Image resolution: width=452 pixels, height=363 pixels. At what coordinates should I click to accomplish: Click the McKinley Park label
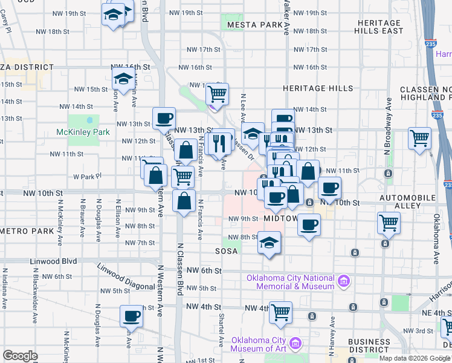75,131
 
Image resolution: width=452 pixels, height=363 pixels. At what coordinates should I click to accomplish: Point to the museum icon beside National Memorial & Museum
344,280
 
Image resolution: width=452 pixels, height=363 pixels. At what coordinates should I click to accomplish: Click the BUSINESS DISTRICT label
369,345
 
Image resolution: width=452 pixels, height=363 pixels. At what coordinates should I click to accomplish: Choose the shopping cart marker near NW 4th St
280,312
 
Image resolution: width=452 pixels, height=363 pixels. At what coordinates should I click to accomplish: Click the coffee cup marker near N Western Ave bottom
131,315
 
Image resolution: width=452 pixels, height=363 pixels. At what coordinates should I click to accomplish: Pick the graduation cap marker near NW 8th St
269,243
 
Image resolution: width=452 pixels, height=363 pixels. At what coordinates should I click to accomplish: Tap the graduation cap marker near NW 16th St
123,79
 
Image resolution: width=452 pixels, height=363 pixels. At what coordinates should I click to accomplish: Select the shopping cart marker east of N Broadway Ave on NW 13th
419,138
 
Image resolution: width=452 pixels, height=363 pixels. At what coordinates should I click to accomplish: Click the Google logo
20,356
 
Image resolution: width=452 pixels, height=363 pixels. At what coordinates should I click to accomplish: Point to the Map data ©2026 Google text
414,358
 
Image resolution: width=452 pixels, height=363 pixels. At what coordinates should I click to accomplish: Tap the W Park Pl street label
85,177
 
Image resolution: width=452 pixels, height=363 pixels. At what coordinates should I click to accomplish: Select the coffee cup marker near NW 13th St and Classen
163,118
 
